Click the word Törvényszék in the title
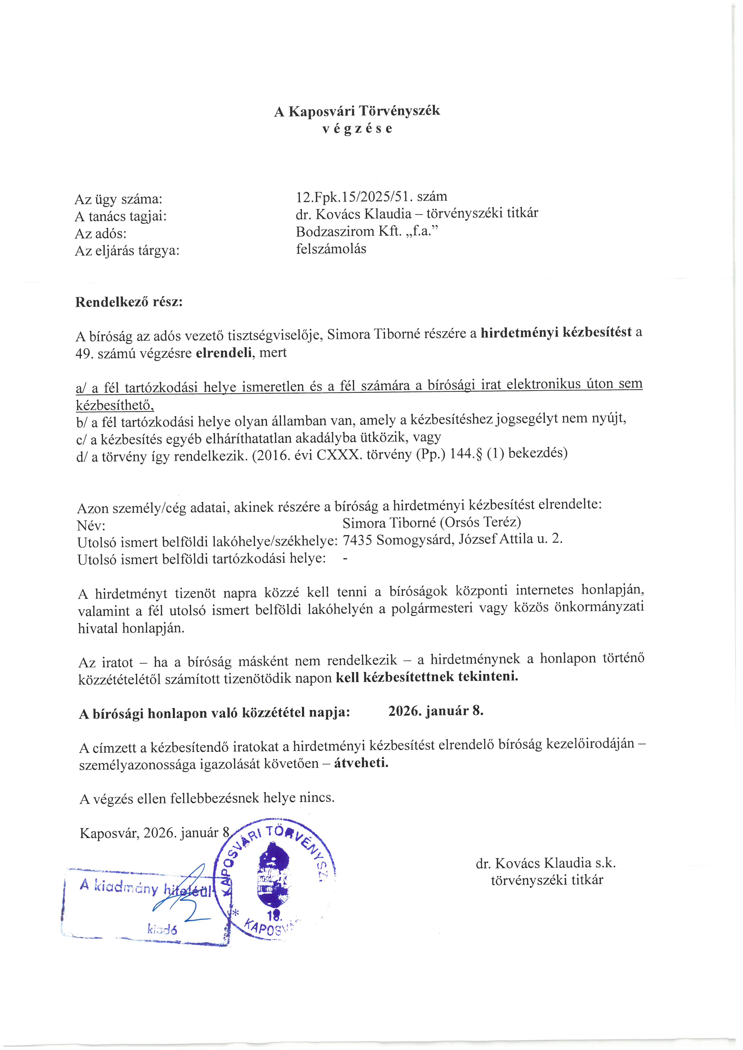399,111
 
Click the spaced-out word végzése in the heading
357,129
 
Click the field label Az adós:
101,234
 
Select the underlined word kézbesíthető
114,405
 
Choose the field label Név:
91,525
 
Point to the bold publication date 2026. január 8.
436,711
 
